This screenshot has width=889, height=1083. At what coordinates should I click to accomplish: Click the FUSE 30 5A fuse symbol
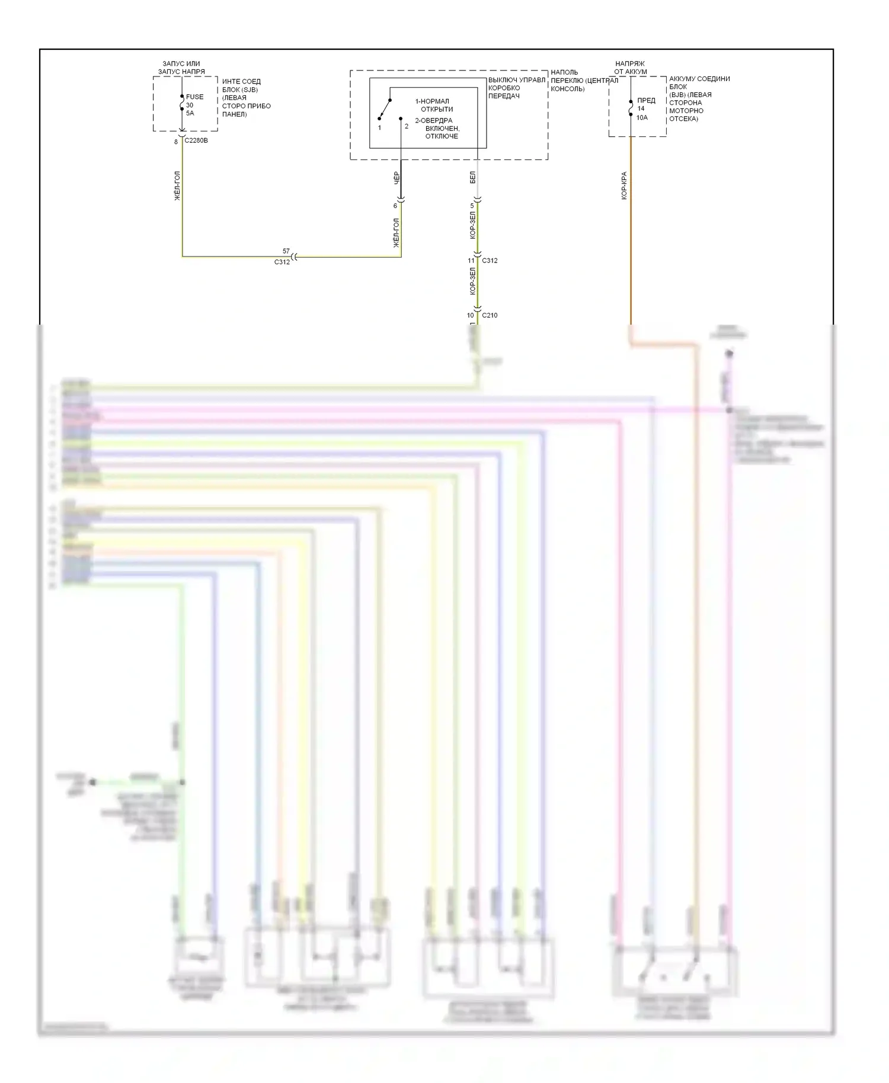tap(183, 105)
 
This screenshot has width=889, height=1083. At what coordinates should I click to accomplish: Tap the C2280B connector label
tap(196, 141)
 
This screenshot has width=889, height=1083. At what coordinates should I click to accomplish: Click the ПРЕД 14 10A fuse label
tap(645, 109)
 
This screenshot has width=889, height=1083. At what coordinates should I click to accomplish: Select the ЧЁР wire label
tap(396, 178)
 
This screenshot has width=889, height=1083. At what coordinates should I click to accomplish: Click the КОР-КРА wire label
tap(624, 185)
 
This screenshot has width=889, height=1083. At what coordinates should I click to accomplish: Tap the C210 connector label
tap(490, 315)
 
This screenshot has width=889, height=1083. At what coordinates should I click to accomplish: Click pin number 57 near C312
tap(286, 251)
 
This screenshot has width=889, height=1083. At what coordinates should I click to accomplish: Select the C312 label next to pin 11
tap(490, 261)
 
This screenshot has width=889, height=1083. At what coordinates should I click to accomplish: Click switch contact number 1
tap(379, 127)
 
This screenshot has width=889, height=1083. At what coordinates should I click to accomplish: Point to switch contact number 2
tap(407, 126)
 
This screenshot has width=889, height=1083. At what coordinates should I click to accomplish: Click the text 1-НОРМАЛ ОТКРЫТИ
tap(434, 105)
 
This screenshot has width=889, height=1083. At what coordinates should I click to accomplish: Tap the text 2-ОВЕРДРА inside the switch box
tap(433, 121)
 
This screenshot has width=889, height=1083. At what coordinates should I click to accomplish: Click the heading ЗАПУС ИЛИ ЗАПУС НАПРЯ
tap(181, 68)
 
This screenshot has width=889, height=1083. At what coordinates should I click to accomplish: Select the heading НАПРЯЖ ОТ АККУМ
tap(631, 68)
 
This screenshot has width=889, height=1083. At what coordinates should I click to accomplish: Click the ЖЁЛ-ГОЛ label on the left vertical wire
tap(177, 186)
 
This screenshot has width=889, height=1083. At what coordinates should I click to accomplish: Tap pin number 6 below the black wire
tap(395, 206)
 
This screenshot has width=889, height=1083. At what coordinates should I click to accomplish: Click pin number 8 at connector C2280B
tap(176, 142)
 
